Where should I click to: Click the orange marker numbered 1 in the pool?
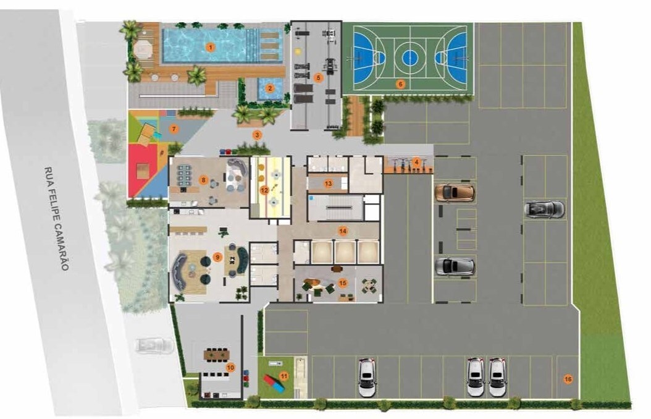(x=211, y=48)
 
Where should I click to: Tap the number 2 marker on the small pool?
(x=270, y=88)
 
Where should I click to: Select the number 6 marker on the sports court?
(x=401, y=84)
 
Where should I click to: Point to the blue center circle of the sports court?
(x=409, y=57)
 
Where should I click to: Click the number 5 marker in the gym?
(x=319, y=77)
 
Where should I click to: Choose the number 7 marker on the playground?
(x=174, y=129)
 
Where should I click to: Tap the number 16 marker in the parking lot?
(x=568, y=379)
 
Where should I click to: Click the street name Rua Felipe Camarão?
(x=56, y=219)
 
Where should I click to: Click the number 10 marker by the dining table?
(x=230, y=368)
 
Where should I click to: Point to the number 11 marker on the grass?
(x=284, y=376)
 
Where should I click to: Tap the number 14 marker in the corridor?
(x=343, y=231)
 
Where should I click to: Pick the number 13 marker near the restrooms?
(x=329, y=183)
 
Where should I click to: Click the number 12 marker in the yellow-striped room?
(x=264, y=190)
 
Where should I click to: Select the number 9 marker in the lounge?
(x=217, y=258)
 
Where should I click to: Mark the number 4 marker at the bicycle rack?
(x=416, y=161)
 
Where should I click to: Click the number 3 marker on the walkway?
(x=258, y=135)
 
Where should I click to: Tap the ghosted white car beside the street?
(x=154, y=345)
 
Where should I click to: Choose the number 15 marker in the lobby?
(x=343, y=283)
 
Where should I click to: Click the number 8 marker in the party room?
(x=203, y=180)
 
